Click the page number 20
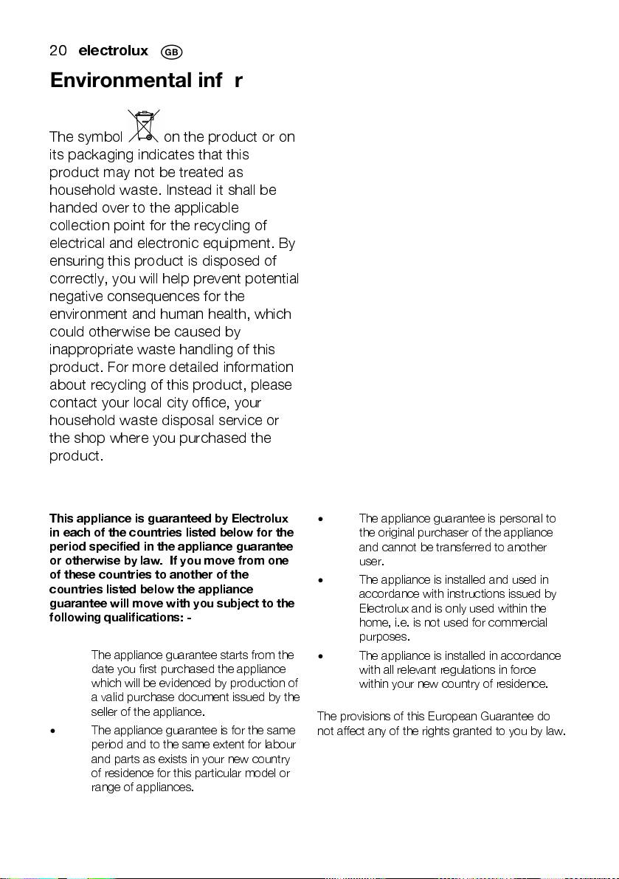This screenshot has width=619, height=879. click(58, 51)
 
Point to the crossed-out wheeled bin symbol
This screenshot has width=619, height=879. click(143, 125)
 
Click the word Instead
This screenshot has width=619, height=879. click(189, 190)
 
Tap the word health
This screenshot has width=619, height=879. click(226, 314)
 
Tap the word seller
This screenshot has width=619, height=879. click(105, 711)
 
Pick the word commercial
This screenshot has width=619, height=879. click(518, 622)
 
